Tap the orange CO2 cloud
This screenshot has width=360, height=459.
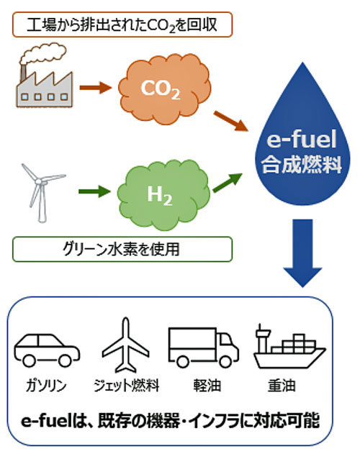(x=164, y=88)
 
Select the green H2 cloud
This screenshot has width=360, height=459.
(x=163, y=195)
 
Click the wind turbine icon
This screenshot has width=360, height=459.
(x=42, y=192)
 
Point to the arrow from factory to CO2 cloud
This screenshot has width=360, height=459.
(x=96, y=88)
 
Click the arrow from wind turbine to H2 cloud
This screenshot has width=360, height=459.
(x=94, y=192)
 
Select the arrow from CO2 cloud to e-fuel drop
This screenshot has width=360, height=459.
(x=231, y=121)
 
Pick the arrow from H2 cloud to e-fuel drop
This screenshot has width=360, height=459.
(x=228, y=183)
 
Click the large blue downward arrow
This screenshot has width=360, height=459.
(x=302, y=253)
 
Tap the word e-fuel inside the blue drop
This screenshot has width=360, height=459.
(x=302, y=140)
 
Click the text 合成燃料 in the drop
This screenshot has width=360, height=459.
(x=302, y=165)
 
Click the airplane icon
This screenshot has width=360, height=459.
(x=126, y=345)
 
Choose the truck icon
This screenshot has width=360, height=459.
(x=204, y=347)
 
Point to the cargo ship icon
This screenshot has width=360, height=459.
(x=289, y=346)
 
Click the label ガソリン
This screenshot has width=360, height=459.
(x=46, y=386)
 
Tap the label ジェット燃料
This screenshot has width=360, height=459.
(x=127, y=386)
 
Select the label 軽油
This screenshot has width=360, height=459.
(x=207, y=386)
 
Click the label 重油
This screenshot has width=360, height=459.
(x=282, y=386)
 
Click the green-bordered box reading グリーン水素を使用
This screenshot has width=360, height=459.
(x=122, y=250)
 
